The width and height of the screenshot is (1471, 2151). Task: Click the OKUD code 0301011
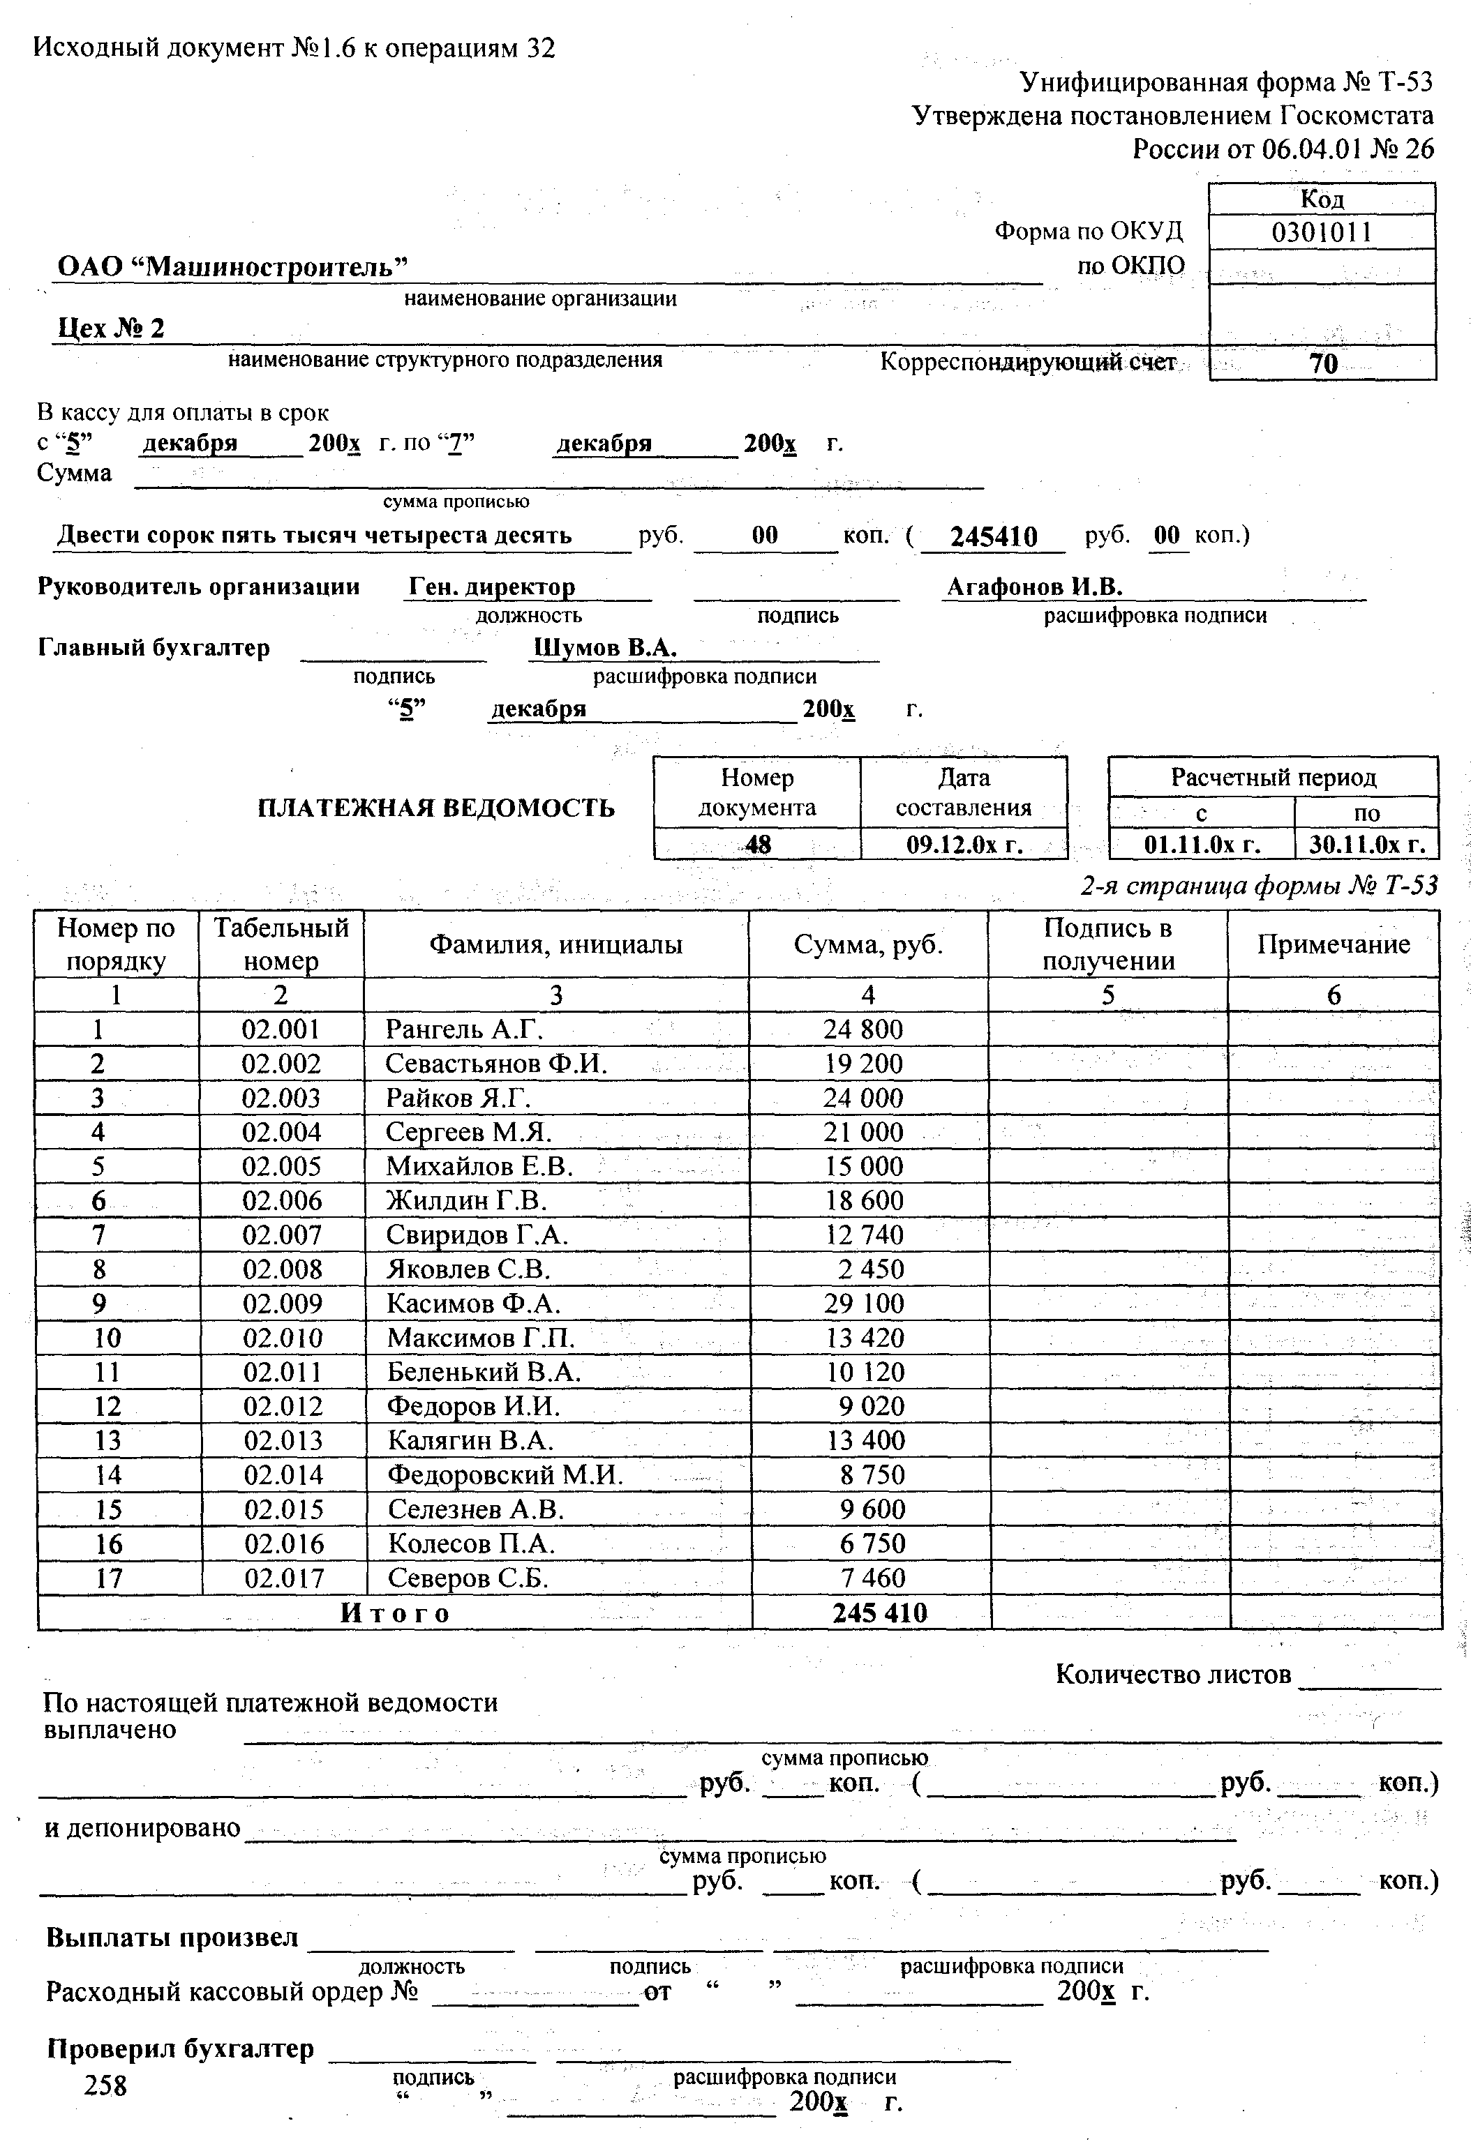(1321, 232)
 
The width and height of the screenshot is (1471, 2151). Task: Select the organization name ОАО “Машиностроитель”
(232, 266)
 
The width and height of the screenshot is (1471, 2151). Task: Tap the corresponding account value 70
(1323, 364)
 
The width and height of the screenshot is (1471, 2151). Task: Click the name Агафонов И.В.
(1034, 587)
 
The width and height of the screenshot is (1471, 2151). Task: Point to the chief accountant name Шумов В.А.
(604, 648)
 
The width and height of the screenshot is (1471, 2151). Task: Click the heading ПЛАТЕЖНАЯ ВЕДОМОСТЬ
(435, 808)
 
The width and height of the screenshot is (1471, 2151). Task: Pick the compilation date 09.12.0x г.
(963, 844)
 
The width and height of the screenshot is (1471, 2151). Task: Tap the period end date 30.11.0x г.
(1366, 844)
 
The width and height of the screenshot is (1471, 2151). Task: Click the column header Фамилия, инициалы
(555, 944)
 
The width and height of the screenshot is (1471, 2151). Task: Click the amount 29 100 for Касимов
(865, 1303)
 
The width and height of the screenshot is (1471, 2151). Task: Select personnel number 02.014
(283, 1474)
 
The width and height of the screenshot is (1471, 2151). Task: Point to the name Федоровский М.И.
(505, 1474)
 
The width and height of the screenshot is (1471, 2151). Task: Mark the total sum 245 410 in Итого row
(879, 1613)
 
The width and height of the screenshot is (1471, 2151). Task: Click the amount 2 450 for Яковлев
(871, 1269)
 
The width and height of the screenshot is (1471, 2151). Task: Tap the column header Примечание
(1333, 944)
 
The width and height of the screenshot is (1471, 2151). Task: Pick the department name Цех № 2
(111, 329)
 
